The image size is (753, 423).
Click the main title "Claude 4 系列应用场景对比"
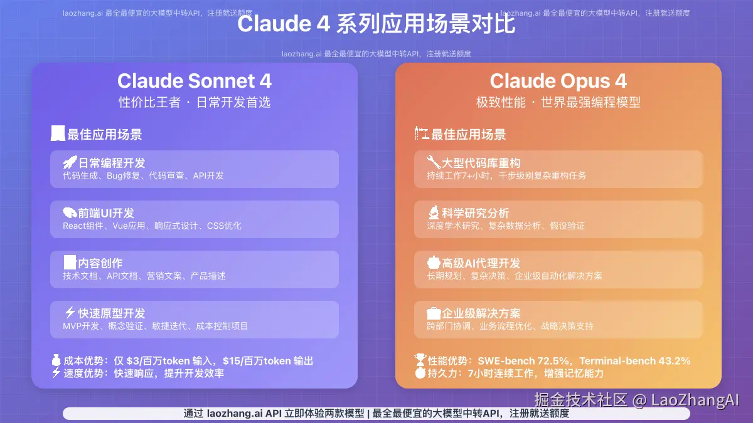[376, 24]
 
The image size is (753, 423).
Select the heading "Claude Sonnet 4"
[195, 81]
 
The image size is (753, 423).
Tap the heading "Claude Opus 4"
[558, 81]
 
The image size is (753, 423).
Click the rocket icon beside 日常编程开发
[70, 163]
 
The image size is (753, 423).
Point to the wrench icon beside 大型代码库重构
[434, 162]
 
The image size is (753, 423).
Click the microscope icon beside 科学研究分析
[434, 213]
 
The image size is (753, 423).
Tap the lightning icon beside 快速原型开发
[70, 313]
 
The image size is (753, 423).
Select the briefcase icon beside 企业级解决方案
[434, 313]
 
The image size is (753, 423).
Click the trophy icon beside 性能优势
[420, 360]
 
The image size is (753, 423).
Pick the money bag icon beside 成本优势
[56, 360]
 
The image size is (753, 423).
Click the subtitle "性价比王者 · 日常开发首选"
[195, 102]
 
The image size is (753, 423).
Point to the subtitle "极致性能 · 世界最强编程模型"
[558, 102]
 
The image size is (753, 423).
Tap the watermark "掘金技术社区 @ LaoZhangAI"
[637, 400]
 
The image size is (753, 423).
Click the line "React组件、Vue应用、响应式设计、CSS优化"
[152, 226]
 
